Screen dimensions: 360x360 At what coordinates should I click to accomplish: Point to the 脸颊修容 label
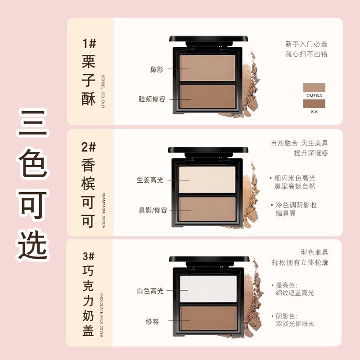point(152,99)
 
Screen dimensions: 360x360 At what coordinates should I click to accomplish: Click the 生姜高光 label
point(150,180)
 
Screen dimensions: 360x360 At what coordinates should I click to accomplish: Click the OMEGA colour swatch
point(314,87)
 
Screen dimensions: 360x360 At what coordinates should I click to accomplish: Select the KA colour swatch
point(314,103)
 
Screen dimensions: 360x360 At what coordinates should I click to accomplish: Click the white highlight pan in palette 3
point(208,288)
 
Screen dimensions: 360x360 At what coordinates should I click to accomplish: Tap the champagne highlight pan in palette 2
point(207,179)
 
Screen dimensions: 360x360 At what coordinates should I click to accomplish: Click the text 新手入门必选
point(306,44)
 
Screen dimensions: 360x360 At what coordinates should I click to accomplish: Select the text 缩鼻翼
point(286,213)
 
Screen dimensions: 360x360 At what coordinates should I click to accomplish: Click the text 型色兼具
point(314,252)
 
